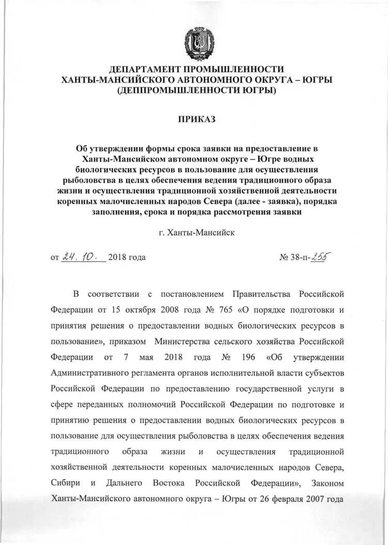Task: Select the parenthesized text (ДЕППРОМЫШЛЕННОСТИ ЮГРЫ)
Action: point(196,91)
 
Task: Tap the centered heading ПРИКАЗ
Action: point(196,119)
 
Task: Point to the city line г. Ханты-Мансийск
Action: point(197,233)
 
